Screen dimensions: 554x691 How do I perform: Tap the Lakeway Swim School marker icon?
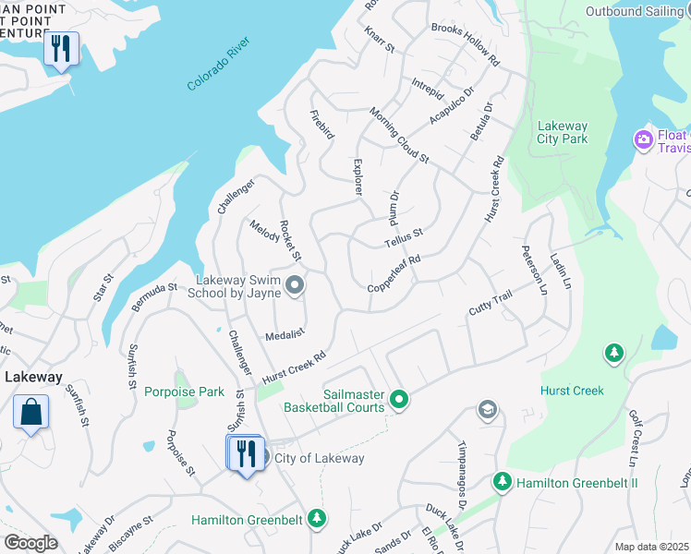click(295, 285)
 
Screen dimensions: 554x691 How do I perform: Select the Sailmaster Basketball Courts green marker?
click(399, 399)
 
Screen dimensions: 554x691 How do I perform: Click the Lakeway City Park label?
click(562, 133)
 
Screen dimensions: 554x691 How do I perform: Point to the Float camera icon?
click(643, 139)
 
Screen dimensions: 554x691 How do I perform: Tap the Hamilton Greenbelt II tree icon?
click(502, 481)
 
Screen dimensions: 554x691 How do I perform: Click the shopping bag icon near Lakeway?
click(30, 412)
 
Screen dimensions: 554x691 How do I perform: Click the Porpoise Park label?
click(184, 391)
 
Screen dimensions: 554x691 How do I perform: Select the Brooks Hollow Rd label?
click(465, 43)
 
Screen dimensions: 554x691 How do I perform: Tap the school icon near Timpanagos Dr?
click(487, 409)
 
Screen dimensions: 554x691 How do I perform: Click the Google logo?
click(30, 542)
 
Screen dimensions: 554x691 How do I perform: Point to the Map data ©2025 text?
click(650, 547)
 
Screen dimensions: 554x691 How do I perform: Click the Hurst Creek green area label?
click(572, 391)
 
